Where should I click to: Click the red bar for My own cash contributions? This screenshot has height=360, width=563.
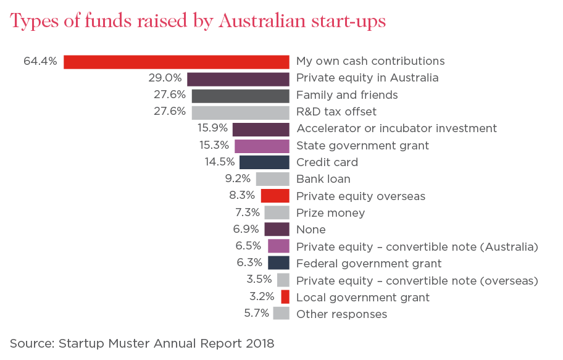pos(176,62)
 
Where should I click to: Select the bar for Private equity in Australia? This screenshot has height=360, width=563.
pos(238,78)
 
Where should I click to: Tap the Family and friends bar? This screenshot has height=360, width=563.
pos(240,96)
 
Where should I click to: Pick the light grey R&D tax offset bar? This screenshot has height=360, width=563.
pos(240,112)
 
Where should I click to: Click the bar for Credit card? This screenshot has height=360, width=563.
pos(264,162)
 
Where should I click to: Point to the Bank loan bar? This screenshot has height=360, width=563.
pos(272,179)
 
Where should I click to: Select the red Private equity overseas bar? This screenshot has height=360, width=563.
pos(275,196)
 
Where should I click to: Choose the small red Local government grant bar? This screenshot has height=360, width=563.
pos(285,296)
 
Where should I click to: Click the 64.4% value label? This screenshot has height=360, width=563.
pos(40,61)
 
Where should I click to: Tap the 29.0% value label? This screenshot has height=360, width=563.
pos(165,78)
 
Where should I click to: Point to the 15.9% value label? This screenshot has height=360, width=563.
pos(212,128)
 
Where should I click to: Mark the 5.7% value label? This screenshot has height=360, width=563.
pos(257,313)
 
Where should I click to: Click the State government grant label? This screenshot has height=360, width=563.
pos(362,146)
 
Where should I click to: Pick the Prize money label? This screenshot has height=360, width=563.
pos(330,213)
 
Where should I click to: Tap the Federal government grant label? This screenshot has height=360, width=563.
pos(369,264)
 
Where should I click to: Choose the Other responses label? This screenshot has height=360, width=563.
pos(341,314)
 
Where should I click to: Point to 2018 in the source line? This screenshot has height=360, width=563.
pos(259,343)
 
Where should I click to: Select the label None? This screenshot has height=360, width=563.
pos(311,230)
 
